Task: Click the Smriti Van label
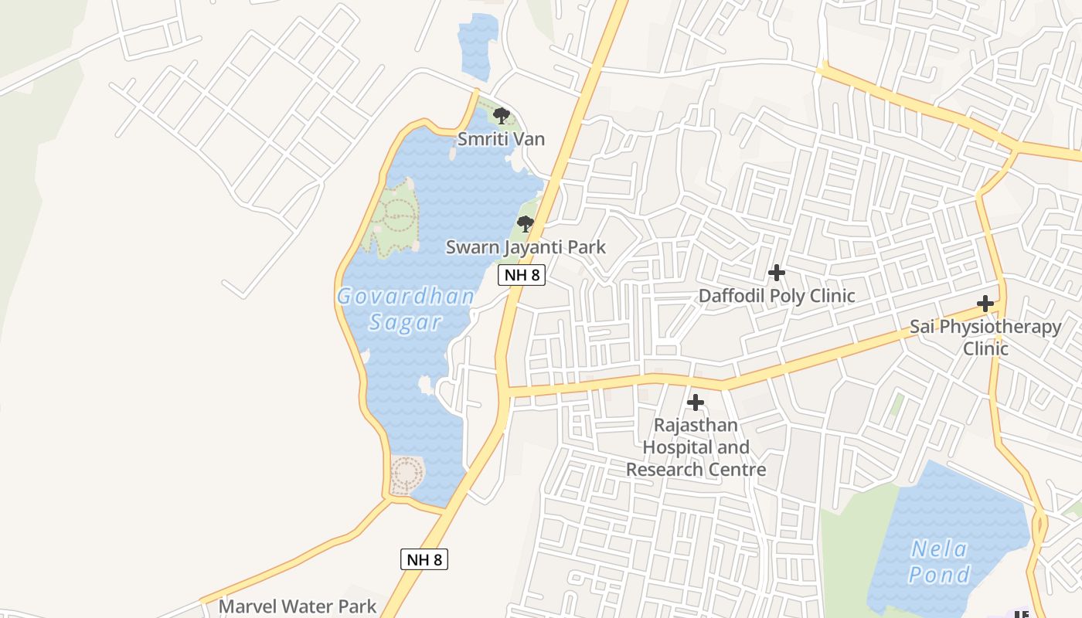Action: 501,139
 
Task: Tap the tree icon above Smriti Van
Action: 501,117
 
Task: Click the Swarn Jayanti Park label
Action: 526,247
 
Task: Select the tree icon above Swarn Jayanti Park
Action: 526,225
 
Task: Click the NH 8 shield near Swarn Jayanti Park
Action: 522,275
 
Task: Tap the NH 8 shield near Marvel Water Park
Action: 424,559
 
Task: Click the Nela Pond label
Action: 939,562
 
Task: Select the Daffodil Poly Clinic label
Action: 777,296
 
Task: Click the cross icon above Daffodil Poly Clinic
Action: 777,273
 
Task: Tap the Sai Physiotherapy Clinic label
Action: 985,337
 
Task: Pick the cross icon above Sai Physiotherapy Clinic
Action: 985,304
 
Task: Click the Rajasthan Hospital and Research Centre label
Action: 696,447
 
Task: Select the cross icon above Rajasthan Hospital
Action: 696,402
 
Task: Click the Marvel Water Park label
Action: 298,606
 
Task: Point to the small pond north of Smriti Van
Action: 477,46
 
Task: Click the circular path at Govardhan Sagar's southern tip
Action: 407,474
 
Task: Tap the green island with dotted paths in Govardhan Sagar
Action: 394,218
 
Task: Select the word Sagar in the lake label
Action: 405,322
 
